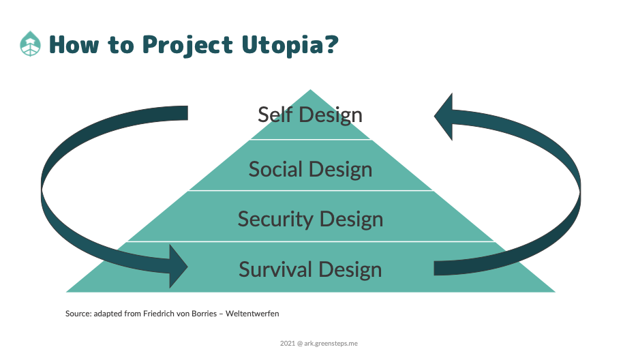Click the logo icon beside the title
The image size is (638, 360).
point(30,44)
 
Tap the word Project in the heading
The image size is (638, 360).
point(187,45)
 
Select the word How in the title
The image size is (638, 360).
point(74,44)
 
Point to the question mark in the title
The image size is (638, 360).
point(332,44)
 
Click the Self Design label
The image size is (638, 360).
point(310,115)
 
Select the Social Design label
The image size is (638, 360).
point(310,169)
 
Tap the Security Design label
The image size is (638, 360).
point(310,220)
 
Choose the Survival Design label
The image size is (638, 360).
point(310,269)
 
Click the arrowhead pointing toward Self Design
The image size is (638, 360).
point(444,117)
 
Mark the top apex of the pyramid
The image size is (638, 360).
point(310,89)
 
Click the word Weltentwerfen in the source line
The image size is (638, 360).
point(252,314)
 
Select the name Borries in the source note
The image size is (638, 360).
point(204,314)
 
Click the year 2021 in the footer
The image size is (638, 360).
point(287,344)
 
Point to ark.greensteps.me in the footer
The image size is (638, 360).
point(331,344)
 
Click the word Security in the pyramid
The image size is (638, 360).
point(276,220)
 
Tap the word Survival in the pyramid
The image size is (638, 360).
point(276,269)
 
